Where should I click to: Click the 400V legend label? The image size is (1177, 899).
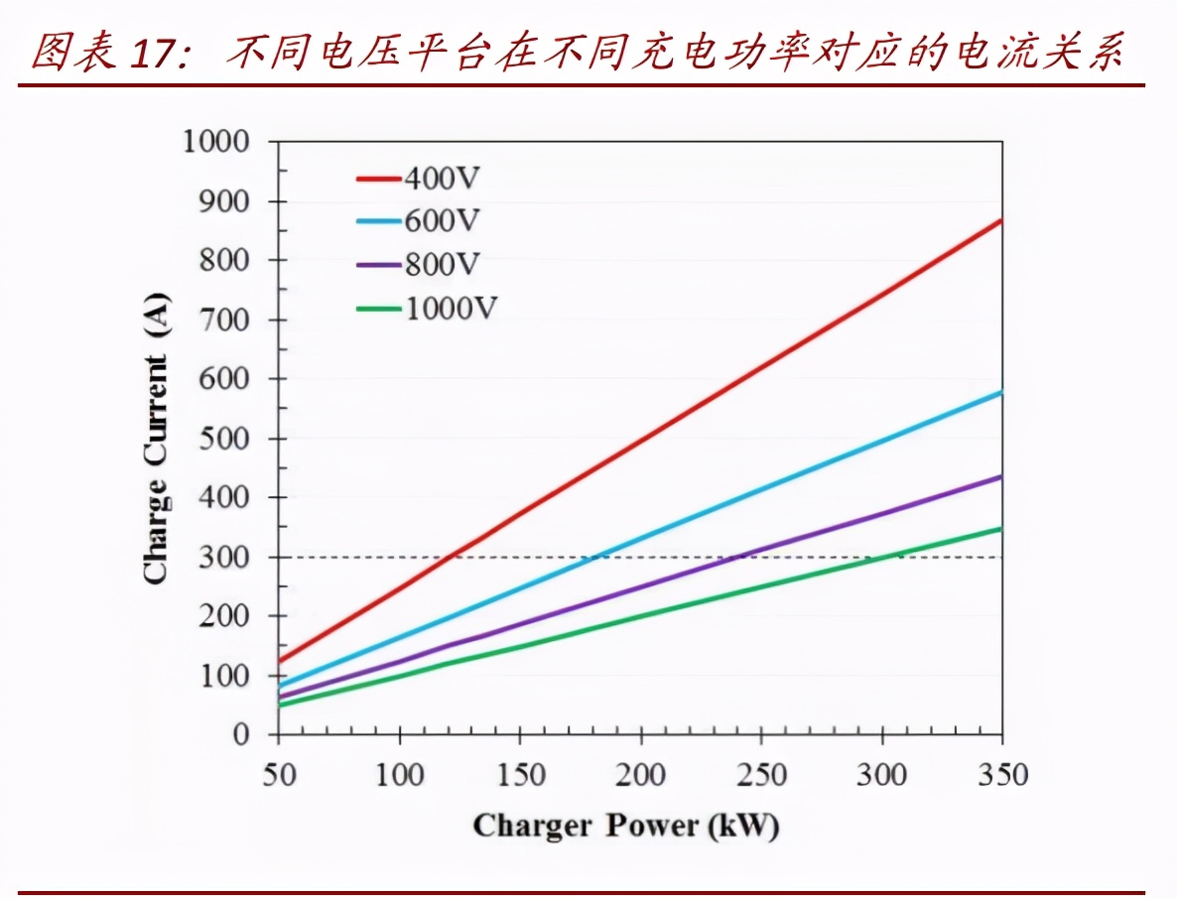click(x=442, y=180)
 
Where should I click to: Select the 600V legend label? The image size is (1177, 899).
click(x=442, y=222)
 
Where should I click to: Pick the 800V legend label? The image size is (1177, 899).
click(x=442, y=265)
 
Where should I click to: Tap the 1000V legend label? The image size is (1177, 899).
click(x=450, y=309)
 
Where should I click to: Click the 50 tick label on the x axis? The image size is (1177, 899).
click(x=279, y=774)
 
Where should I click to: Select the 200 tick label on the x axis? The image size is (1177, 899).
click(x=641, y=774)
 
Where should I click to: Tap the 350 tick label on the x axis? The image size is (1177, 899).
click(x=1002, y=774)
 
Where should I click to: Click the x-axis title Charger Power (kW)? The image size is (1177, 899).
click(x=625, y=826)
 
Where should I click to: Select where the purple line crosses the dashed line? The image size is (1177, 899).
click(x=732, y=557)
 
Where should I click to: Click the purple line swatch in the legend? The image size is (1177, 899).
click(x=378, y=265)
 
